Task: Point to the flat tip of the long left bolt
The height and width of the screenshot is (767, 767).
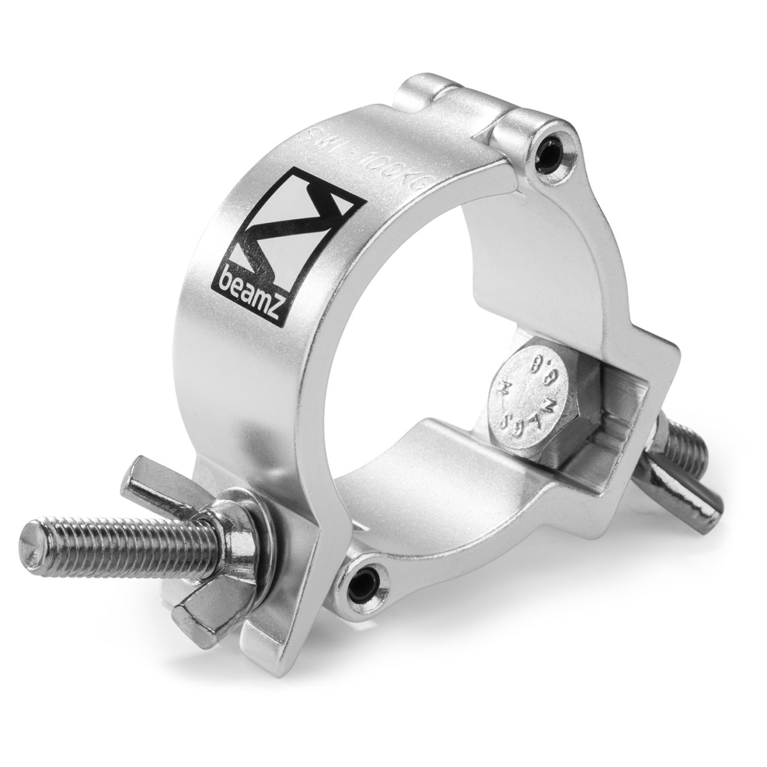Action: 37,537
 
